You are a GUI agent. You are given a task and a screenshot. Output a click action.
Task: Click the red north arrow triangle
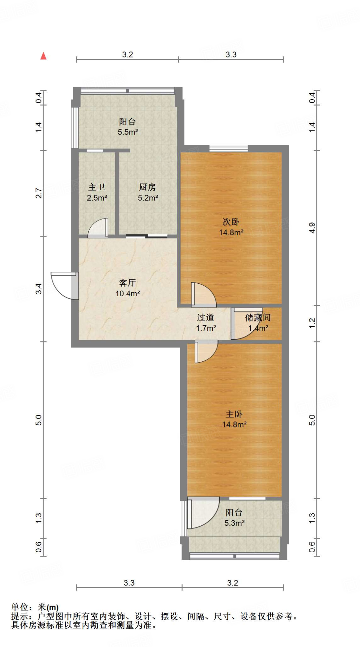[44, 56]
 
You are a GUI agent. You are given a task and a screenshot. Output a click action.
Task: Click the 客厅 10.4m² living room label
[127, 288]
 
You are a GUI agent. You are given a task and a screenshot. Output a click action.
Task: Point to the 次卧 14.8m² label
[231, 227]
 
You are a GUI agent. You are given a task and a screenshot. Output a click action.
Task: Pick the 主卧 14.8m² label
[234, 419]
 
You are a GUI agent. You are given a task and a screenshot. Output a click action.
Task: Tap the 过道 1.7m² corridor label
[206, 323]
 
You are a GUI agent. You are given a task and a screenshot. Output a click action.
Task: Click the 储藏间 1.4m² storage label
[258, 323]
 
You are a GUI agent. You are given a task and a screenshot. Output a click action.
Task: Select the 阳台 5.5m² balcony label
[128, 127]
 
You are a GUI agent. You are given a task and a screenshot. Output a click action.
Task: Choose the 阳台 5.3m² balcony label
[234, 517]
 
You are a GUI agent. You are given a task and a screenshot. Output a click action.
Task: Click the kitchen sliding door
[147, 236]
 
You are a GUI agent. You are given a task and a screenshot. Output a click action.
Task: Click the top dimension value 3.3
[231, 55]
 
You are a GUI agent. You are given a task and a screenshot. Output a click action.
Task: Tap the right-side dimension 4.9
[312, 228]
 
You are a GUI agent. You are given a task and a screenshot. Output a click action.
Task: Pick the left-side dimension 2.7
[39, 193]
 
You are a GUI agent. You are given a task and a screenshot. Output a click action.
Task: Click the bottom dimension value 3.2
[232, 583]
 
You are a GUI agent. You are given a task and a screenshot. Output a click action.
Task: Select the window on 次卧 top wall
[228, 148]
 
